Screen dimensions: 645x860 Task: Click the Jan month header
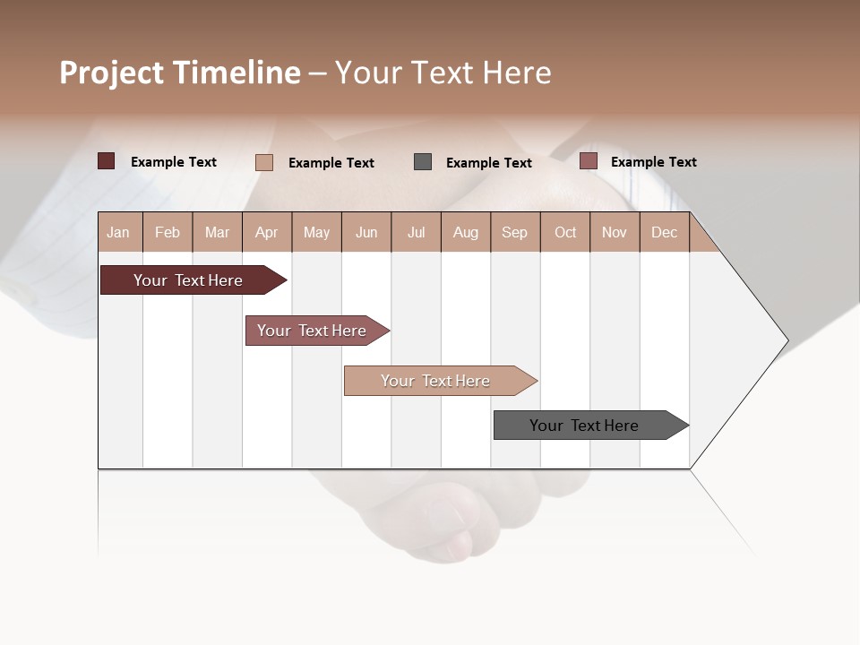coord(118,232)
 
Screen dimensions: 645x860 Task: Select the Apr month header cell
coord(267,232)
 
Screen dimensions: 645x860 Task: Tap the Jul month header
coord(416,232)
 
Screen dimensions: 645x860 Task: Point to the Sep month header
coord(514,232)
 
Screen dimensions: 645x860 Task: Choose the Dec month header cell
coord(664,232)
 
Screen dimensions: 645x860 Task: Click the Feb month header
coord(168,232)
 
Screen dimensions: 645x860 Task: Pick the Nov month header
coord(615,232)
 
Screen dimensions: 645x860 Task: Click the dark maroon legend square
coord(107,161)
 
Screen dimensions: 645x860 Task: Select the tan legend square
coord(263,162)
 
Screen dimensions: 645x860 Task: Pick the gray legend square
coord(423,161)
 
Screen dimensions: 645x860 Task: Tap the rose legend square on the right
coord(588,161)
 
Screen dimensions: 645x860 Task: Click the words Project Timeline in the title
coord(180,73)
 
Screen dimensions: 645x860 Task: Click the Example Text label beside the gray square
coord(489,162)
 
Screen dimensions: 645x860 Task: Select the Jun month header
coord(366,232)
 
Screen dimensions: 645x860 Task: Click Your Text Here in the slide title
coord(443,73)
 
